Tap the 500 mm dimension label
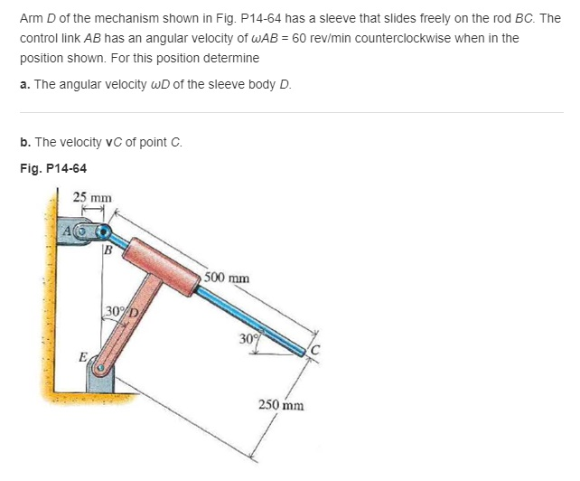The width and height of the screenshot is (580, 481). [227, 278]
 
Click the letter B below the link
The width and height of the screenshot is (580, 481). [108, 250]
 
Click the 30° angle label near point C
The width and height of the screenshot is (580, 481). [248, 339]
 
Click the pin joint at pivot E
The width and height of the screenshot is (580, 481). [105, 370]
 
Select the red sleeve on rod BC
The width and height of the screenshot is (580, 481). [163, 262]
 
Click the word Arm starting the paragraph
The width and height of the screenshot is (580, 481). [30, 17]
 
